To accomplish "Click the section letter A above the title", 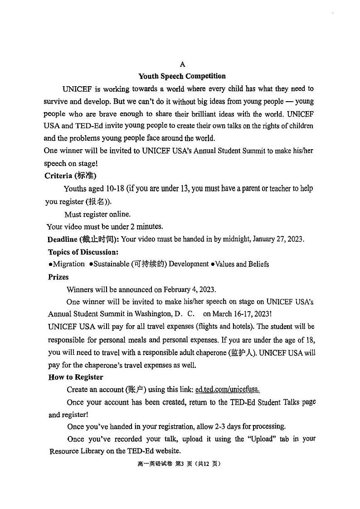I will (182, 64).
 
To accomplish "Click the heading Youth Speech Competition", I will (182, 76).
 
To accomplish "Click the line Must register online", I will (97, 214).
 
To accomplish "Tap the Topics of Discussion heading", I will (83, 252).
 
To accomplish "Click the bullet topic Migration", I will (68, 264).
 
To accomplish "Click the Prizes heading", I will (58, 277).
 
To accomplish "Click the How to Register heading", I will (76, 377).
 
